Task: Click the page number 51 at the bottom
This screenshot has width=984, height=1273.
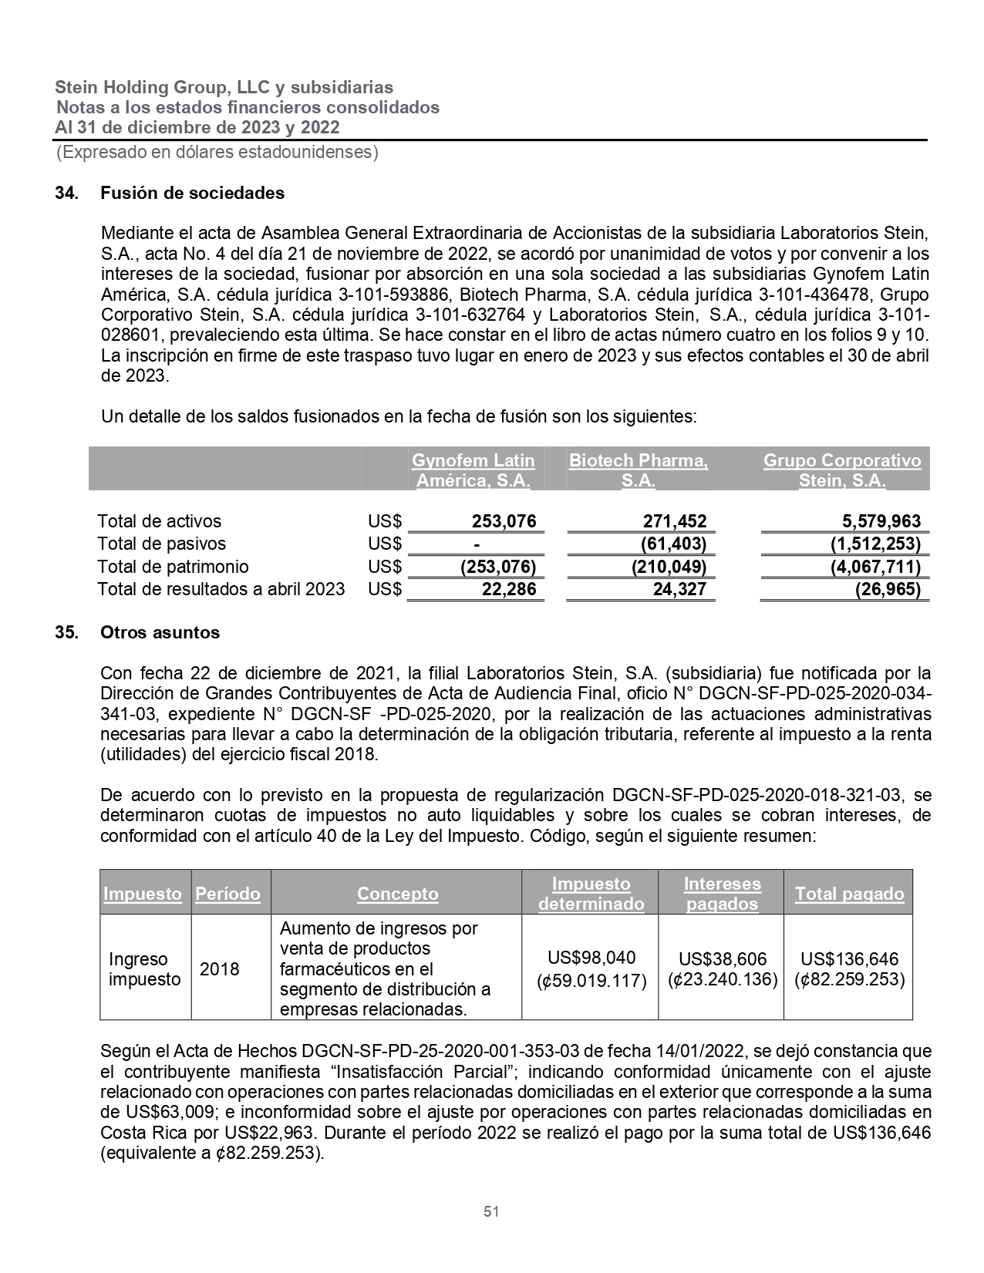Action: [491, 1211]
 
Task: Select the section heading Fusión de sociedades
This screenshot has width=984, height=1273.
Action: [192, 193]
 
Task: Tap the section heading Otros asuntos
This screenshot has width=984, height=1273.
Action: [160, 632]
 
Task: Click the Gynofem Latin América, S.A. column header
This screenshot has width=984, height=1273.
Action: [473, 470]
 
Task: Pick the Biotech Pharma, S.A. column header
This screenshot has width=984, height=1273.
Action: [638, 470]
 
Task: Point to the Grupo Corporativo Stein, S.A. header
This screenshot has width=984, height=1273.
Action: [841, 470]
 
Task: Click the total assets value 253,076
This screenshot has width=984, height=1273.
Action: [504, 521]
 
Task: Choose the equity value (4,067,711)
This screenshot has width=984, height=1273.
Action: [874, 567]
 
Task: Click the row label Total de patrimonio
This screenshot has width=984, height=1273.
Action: [173, 567]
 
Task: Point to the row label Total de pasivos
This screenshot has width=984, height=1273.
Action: [161, 544]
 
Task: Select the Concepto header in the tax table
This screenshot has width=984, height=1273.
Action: [397, 894]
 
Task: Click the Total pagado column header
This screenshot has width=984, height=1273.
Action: [849, 894]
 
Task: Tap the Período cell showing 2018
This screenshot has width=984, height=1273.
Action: [220, 969]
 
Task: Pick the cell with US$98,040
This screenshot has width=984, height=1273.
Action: [591, 958]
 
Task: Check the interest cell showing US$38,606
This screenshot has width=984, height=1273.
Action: [723, 959]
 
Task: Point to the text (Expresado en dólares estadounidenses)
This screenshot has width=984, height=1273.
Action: [217, 152]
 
